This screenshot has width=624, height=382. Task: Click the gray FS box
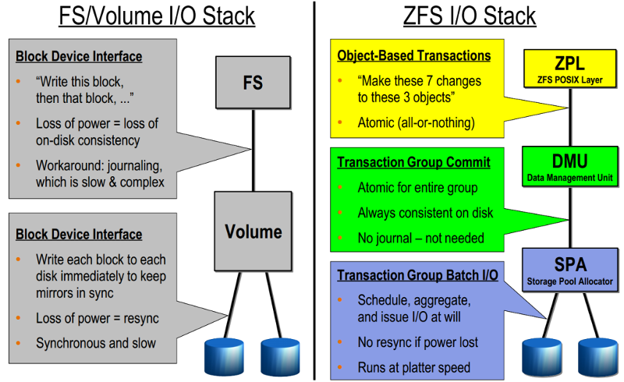coord(253,83)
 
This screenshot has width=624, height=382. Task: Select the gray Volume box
coord(253,232)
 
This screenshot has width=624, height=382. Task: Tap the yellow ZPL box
coord(570,69)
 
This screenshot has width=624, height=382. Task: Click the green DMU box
coord(570,166)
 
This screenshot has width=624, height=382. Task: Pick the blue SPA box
coord(570,270)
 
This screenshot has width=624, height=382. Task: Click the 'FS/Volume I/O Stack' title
coord(157,16)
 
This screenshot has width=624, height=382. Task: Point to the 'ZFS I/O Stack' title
coord(470,16)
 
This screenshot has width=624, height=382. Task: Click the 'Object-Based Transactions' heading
coord(414,55)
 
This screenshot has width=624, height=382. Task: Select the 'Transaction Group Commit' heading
coord(414,162)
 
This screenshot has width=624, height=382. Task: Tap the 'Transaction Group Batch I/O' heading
coord(417,275)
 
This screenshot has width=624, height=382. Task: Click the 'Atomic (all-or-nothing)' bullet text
coord(417,122)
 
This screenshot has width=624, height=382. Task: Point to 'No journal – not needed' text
coord(421,238)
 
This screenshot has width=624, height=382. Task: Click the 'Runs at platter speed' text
coord(414,367)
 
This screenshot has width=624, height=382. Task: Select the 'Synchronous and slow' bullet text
coord(96,343)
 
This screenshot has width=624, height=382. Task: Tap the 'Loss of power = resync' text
coord(97,318)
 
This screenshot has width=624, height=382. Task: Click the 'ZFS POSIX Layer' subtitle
coord(570,80)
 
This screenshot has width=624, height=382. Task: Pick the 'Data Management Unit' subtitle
coord(570,178)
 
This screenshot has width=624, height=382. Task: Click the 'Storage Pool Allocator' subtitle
coord(570,281)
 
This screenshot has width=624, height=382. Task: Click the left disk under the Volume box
coord(224,357)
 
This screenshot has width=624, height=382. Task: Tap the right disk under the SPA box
coord(597,357)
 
